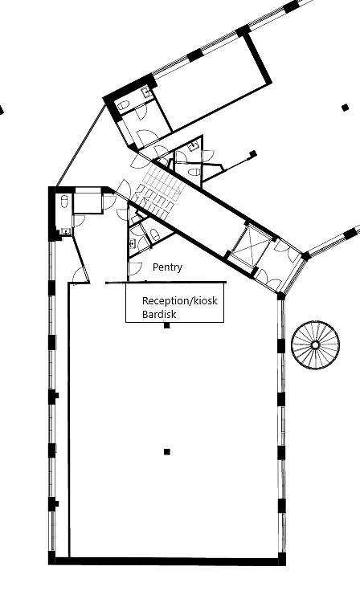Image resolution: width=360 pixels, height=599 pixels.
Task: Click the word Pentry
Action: (x=167, y=267)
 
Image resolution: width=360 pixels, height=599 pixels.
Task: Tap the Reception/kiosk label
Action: (x=180, y=300)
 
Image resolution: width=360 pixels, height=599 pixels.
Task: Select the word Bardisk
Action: (x=159, y=315)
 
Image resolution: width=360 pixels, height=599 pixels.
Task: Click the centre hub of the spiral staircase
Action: (x=315, y=345)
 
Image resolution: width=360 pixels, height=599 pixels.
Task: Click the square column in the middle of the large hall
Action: (x=166, y=452)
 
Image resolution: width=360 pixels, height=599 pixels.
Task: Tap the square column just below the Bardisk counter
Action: (x=166, y=325)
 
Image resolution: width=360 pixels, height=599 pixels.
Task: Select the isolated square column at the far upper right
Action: (x=345, y=108)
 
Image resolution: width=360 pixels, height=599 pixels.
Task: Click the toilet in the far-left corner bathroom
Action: (x=64, y=201)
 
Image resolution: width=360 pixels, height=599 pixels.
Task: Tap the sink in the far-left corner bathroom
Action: (x=65, y=231)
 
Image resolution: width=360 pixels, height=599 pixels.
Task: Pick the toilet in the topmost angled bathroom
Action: (x=124, y=105)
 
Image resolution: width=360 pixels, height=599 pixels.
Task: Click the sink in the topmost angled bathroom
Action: (x=146, y=92)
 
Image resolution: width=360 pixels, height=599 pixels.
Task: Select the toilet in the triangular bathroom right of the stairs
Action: (x=195, y=172)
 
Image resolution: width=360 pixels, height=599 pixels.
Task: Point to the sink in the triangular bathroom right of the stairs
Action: (x=195, y=145)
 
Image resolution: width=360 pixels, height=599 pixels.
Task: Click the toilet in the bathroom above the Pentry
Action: (x=155, y=234)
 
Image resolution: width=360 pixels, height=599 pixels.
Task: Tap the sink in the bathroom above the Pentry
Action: (x=133, y=242)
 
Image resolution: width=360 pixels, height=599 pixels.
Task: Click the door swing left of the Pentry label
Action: (x=135, y=269)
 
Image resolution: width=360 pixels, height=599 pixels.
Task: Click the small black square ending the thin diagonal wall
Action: (x=253, y=153)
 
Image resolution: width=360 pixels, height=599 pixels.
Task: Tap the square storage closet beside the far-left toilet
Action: (x=88, y=200)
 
